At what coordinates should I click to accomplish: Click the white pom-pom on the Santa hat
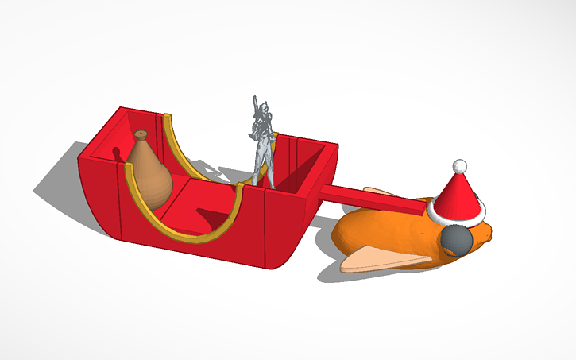click(x=458, y=166)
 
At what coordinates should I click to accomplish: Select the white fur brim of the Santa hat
click(x=455, y=214)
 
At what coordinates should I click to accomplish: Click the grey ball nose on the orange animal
click(x=458, y=240)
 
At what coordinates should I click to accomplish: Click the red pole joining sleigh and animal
click(x=373, y=199)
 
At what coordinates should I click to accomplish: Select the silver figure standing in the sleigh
click(x=262, y=143)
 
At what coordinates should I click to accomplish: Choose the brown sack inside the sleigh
click(x=150, y=180)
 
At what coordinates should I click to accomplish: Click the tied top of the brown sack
click(x=141, y=136)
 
